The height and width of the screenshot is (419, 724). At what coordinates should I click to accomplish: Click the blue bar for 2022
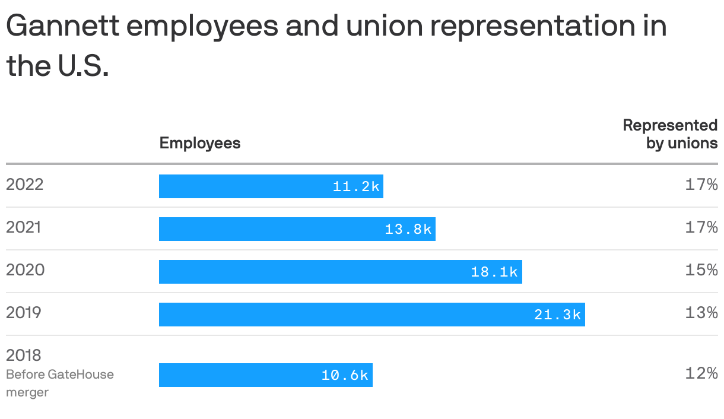(x=271, y=186)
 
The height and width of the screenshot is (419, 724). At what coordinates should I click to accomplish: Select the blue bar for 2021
(x=297, y=229)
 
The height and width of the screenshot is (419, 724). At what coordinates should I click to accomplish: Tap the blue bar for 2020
(x=340, y=272)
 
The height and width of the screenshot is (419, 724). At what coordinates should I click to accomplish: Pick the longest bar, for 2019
(x=371, y=315)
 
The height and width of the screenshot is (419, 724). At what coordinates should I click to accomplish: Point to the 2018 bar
(x=265, y=375)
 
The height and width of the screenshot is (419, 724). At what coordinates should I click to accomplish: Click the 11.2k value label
(x=356, y=186)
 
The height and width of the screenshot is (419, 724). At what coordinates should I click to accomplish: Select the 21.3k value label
(x=557, y=315)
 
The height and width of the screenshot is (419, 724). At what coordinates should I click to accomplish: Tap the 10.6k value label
(x=345, y=375)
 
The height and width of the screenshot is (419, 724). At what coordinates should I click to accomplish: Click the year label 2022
(x=25, y=185)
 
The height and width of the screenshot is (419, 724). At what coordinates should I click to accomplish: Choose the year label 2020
(x=25, y=270)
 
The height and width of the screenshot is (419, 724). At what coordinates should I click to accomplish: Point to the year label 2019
(x=24, y=313)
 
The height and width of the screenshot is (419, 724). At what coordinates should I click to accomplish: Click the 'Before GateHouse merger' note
(x=59, y=383)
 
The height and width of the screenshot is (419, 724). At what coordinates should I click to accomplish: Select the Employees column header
(x=200, y=143)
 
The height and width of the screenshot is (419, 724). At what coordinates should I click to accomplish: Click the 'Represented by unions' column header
(x=670, y=134)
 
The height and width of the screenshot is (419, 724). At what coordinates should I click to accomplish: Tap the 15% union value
(x=701, y=270)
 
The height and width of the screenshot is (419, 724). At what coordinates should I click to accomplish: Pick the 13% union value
(x=701, y=313)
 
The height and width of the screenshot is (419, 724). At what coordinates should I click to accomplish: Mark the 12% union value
(x=701, y=373)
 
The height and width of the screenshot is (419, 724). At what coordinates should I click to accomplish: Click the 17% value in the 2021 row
(x=701, y=227)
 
